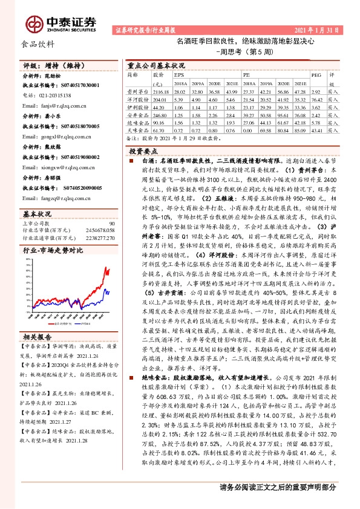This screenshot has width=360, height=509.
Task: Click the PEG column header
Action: (x=315, y=74)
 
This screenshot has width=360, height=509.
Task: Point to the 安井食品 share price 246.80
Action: (x=159, y=114)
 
